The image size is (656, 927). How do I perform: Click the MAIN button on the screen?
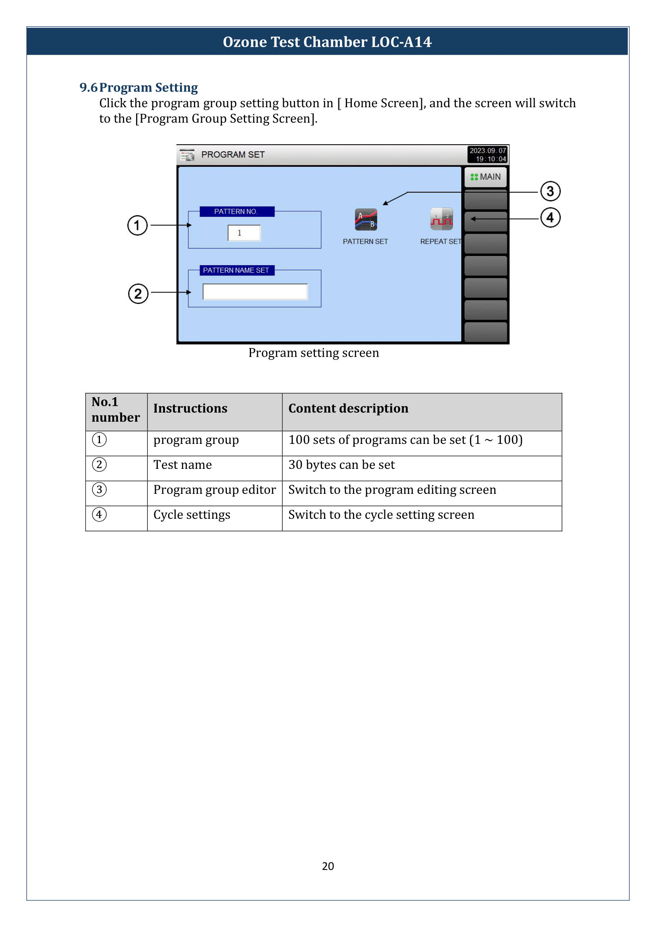(x=485, y=177)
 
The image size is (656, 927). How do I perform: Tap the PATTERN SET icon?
(x=366, y=220)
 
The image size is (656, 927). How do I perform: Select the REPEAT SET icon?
(x=441, y=219)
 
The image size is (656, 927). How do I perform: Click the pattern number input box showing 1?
(x=244, y=233)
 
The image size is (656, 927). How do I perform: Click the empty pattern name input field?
(x=255, y=292)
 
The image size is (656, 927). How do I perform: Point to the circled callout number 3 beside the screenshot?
(x=550, y=191)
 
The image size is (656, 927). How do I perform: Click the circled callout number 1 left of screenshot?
(x=137, y=225)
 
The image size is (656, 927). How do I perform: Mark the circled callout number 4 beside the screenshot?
(x=550, y=218)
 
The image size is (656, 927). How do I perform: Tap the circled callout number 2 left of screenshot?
(x=138, y=294)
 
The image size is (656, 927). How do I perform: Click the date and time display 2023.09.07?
(x=487, y=155)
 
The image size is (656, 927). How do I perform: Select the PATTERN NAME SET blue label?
(x=237, y=270)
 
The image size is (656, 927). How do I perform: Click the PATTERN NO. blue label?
(x=237, y=212)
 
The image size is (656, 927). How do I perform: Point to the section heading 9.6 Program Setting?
(x=138, y=88)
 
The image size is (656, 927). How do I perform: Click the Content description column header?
(x=348, y=408)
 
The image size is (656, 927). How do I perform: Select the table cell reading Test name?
(x=182, y=465)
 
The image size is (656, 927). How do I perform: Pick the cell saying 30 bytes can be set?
(x=341, y=465)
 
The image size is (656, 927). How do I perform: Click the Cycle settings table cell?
(x=192, y=515)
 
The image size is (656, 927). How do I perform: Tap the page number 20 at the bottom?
(x=328, y=866)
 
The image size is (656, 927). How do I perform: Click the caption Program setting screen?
(x=313, y=353)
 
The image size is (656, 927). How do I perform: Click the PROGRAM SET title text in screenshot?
(x=233, y=155)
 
